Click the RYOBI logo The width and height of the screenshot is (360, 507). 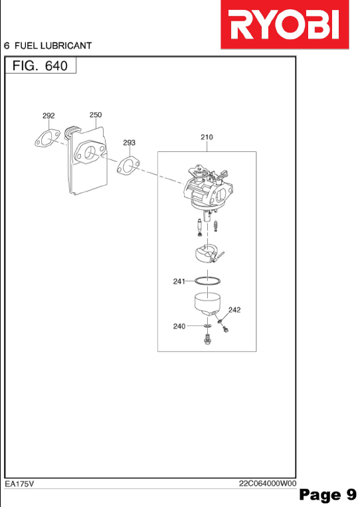(284, 25)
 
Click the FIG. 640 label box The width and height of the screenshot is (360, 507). (41, 66)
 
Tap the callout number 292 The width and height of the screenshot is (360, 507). (48, 115)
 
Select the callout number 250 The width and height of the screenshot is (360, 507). (96, 115)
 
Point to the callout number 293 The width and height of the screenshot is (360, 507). (129, 143)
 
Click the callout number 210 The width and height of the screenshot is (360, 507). (207, 137)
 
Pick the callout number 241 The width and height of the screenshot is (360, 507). (179, 281)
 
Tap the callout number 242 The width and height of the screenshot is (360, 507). (234, 310)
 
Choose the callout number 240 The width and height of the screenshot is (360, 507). (179, 326)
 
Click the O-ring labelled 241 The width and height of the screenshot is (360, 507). (195, 281)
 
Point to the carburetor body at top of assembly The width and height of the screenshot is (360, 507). (207, 188)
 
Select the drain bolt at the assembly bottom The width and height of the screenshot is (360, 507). (207, 339)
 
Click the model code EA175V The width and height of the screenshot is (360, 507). (19, 484)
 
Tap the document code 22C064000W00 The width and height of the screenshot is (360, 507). (268, 484)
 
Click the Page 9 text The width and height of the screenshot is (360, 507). (328, 494)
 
